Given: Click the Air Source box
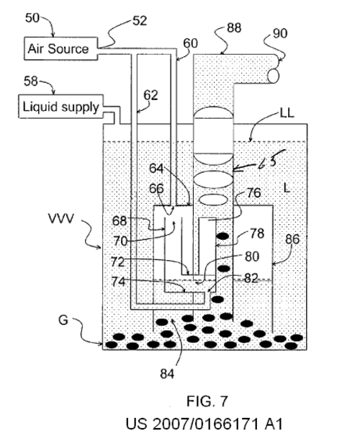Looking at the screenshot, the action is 60,48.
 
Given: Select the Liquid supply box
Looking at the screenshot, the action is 60,107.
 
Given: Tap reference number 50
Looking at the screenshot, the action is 32,18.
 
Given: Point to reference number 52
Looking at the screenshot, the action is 140,21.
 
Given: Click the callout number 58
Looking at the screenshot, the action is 31,81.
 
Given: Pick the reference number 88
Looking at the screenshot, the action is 234,28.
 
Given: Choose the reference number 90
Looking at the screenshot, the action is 280,33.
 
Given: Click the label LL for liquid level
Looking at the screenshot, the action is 287,113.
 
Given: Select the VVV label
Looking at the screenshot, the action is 60,219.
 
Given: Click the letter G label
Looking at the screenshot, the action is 63,321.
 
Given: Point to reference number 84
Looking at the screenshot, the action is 167,374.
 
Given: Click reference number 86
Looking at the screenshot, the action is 292,239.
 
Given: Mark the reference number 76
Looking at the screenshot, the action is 253,193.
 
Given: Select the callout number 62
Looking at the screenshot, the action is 150,95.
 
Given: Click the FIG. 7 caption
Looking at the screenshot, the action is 207,401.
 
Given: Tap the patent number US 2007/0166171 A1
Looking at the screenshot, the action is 204,424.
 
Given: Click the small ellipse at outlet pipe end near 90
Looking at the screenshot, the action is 274,76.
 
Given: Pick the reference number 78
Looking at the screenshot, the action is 257,233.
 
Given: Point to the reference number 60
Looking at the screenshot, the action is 190,43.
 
